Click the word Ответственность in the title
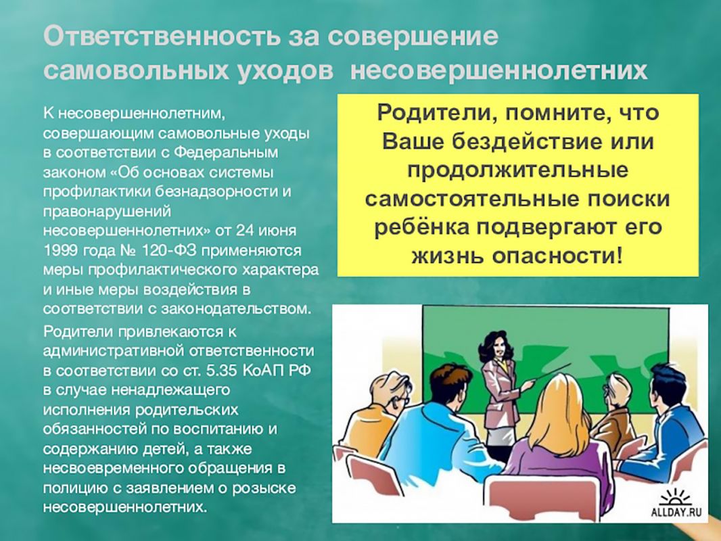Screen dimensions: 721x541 [162, 36]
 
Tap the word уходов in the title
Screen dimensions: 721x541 [285, 71]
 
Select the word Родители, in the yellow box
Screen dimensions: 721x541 [437, 113]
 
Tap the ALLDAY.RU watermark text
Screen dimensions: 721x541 [676, 512]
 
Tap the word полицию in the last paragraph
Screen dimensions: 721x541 [75, 488]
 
